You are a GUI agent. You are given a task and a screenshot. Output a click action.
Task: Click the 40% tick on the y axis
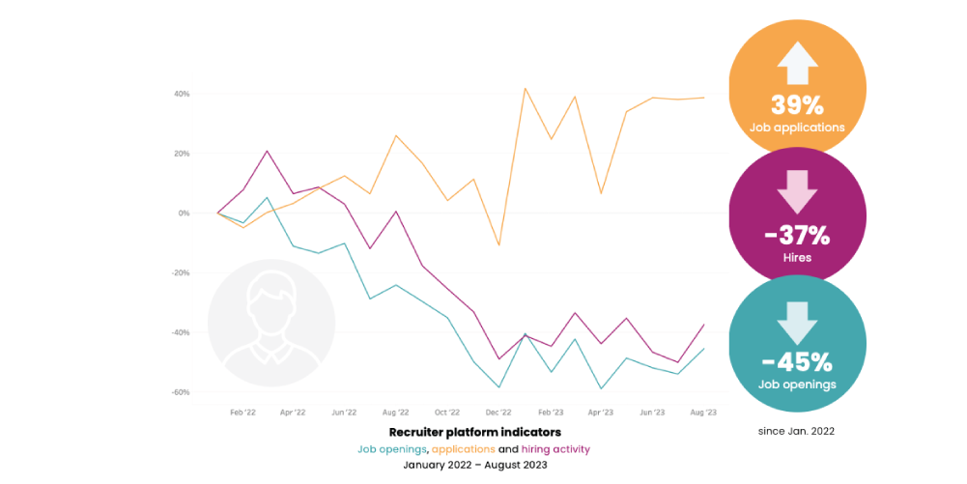coord(182,94)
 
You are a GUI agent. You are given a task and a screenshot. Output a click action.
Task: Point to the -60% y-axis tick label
coord(181,392)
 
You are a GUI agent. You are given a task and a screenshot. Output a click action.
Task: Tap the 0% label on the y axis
coord(184,214)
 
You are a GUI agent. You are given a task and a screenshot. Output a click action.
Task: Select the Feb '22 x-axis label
coord(242,412)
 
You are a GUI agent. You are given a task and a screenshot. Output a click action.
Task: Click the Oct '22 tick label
coord(447,412)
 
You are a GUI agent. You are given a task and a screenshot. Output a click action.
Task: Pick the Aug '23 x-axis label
coord(702,412)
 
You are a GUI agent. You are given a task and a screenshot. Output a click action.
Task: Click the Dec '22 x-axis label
coord(498,412)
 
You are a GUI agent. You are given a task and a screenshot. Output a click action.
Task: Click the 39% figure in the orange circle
coord(797,105)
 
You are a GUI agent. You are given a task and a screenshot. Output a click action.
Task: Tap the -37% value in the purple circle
coord(797,235)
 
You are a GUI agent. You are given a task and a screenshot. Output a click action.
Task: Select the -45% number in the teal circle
coord(797,362)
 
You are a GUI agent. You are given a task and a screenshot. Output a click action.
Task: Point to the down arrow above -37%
coord(797,192)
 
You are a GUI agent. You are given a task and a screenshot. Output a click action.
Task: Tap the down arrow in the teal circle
coord(797,323)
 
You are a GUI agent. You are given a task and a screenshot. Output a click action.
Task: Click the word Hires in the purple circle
coord(797,257)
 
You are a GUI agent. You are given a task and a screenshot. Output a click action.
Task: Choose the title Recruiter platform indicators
coord(474,432)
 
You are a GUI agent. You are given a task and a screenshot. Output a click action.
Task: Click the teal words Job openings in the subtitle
coord(392,449)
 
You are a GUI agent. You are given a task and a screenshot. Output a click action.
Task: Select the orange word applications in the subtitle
coord(463,449)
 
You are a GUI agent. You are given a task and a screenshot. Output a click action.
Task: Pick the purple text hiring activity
coord(555,449)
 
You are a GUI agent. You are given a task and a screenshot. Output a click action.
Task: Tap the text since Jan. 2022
coord(797,431)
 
